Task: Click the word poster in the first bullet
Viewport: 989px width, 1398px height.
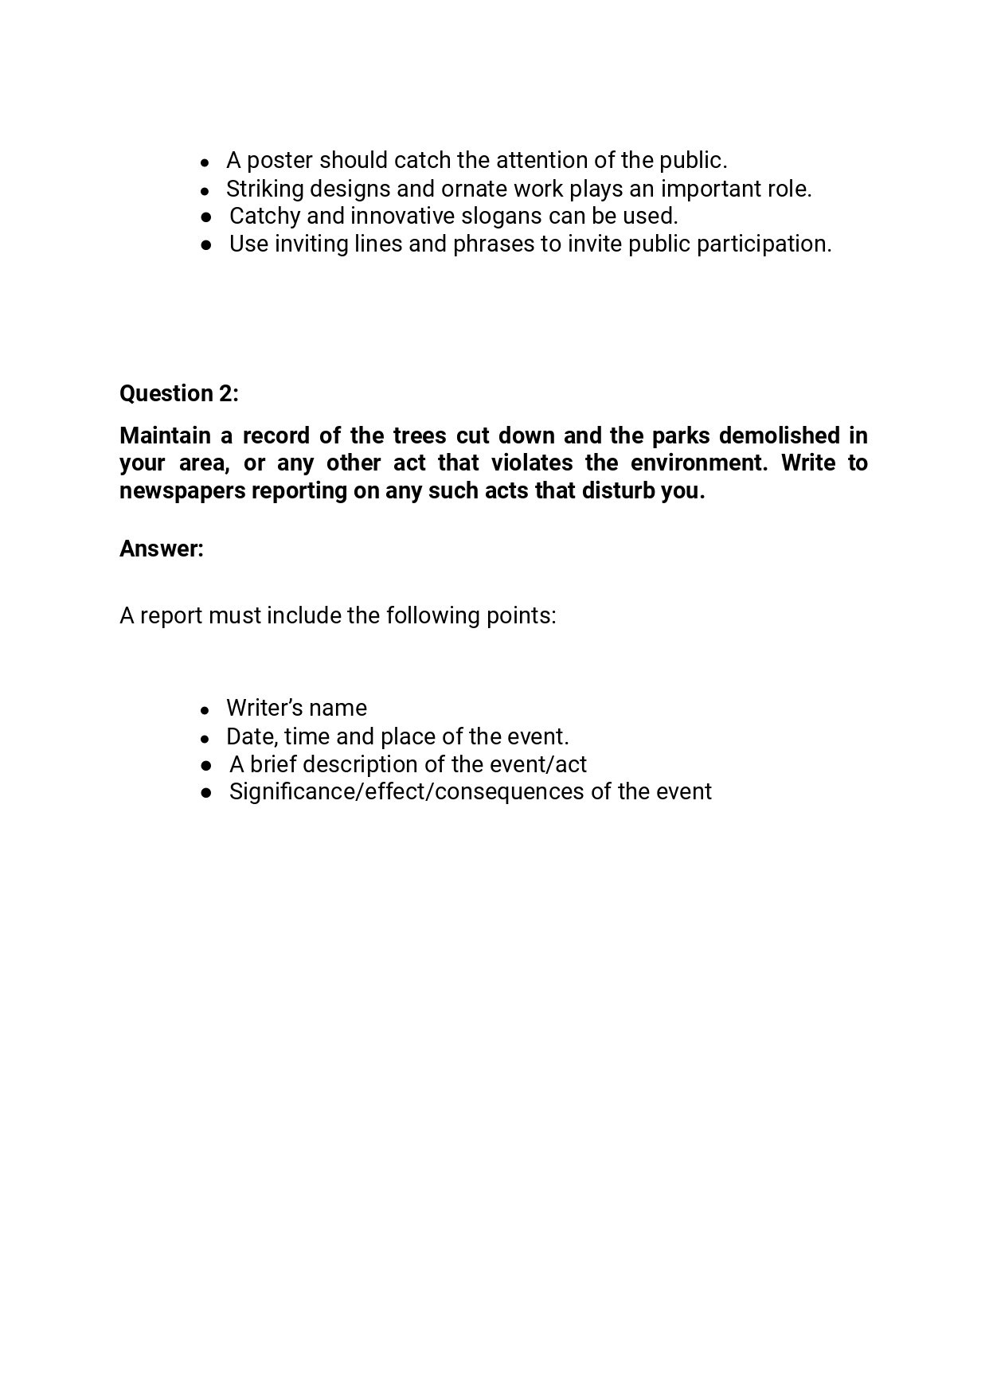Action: (279, 161)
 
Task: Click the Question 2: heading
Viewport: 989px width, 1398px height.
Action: (178, 393)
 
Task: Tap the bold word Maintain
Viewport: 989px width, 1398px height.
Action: (165, 435)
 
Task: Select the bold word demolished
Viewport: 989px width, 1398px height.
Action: (772, 435)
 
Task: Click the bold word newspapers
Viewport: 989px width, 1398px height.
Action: (182, 490)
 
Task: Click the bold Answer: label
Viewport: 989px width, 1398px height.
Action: (162, 549)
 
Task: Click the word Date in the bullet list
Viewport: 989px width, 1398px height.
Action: (250, 736)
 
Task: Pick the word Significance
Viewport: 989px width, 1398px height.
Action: (294, 792)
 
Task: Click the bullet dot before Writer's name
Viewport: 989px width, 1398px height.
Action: (205, 709)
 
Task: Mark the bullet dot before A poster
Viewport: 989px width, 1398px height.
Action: (205, 162)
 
